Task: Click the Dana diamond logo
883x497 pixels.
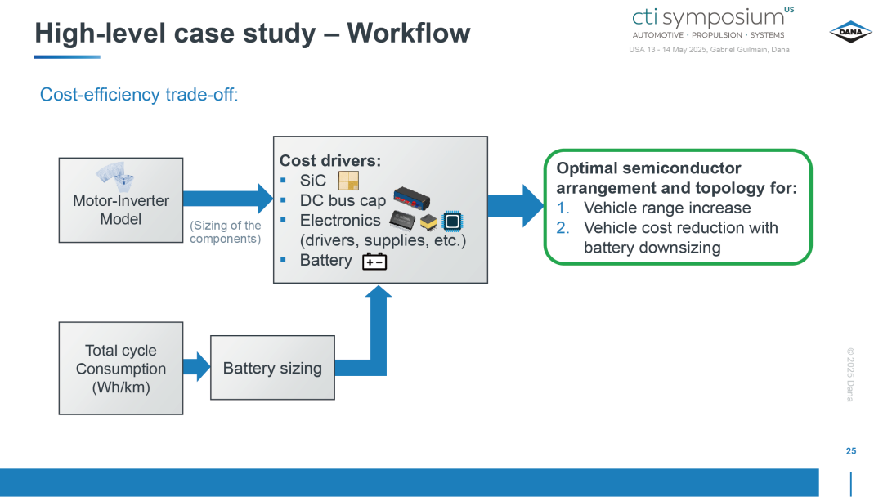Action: coord(850,32)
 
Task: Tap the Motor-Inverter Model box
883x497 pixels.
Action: coord(121,200)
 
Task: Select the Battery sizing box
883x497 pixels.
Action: coord(272,368)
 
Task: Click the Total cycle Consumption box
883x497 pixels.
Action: coord(121,368)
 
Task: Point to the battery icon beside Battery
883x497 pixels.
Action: coord(374,261)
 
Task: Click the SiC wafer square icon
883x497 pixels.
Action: coord(348,181)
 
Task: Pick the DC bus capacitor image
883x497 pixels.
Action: coord(411,198)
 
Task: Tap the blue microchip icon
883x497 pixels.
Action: coord(452,222)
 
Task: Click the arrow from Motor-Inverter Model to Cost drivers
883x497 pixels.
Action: coord(228,198)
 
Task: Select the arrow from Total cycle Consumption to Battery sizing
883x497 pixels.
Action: coord(196,367)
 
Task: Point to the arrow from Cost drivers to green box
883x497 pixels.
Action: coord(516,206)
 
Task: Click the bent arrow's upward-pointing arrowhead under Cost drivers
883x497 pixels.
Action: coord(379,291)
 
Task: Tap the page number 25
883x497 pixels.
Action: coord(851,451)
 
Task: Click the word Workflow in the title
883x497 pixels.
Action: coord(408,33)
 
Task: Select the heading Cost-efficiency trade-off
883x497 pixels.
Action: coord(139,95)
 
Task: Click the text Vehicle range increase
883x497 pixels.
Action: coord(667,208)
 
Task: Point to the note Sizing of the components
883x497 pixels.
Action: coord(226,232)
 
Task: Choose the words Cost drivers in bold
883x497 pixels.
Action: coord(330,161)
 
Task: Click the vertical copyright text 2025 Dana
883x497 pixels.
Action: coord(850,374)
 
